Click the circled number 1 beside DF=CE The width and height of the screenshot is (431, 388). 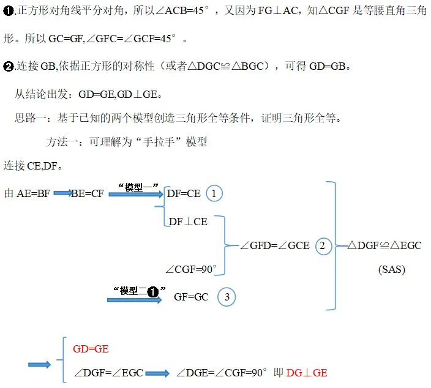click(214, 193)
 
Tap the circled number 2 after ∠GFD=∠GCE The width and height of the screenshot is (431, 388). click(323, 246)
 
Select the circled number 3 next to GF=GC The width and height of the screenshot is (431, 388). click(227, 297)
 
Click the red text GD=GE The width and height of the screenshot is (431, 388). click(91, 349)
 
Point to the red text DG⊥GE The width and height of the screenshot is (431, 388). click(307, 373)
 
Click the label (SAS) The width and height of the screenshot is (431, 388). click(392, 269)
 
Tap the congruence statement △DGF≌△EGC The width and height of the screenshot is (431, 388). click(384, 245)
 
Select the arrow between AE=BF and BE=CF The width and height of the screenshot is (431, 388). click(62, 193)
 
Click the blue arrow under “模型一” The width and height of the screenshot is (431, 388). click(136, 195)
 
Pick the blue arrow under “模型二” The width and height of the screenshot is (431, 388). click(135, 300)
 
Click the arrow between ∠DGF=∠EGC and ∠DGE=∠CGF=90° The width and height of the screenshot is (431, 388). click(157, 373)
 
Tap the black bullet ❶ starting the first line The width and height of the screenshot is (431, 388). click(8, 11)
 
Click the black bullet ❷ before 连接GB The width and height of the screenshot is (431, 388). click(8, 67)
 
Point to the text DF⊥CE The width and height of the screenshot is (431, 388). click(188, 222)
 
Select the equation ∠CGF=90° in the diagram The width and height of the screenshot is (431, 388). click(191, 269)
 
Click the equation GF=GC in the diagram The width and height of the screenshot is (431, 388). click(191, 297)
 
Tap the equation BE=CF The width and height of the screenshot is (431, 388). click(88, 193)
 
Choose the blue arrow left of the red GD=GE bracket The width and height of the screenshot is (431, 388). click(40, 365)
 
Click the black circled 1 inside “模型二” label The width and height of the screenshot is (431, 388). click(153, 292)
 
